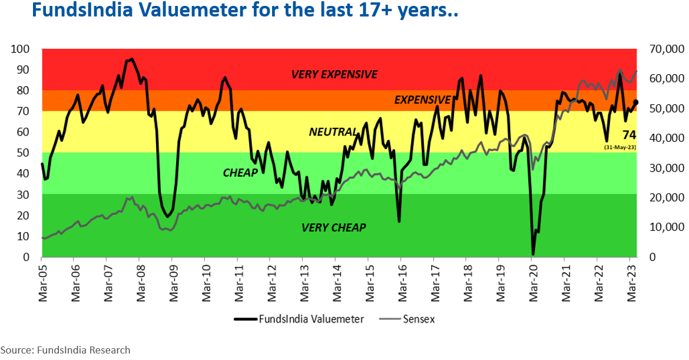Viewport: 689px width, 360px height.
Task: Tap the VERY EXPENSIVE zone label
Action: (x=334, y=74)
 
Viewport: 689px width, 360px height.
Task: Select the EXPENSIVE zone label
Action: (x=422, y=100)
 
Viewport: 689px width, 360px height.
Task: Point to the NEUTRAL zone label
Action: (x=333, y=132)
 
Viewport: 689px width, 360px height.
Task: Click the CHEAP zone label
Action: (x=240, y=173)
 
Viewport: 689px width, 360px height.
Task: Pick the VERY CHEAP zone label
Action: (x=333, y=227)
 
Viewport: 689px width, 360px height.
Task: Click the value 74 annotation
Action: (x=629, y=135)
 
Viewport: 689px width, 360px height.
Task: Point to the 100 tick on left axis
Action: (x=20, y=49)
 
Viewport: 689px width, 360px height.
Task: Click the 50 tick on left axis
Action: (x=23, y=153)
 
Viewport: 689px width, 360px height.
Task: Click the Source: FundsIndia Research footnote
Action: (x=65, y=350)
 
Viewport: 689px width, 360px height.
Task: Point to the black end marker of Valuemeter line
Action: (x=635, y=103)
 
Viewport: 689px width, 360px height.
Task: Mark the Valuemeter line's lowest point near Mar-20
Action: (x=533, y=254)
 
